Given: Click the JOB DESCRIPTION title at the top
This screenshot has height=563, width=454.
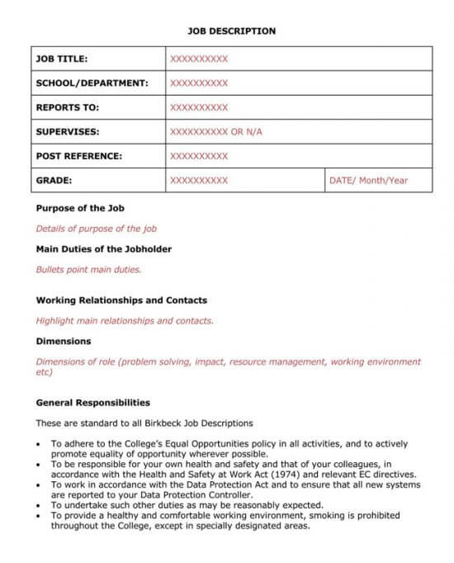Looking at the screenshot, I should click(x=231, y=31).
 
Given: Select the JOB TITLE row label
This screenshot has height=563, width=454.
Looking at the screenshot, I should click(x=62, y=59).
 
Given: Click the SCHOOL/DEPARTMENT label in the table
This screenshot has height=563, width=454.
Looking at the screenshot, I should click(x=92, y=83).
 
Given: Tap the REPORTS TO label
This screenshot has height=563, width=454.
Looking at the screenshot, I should click(x=67, y=107).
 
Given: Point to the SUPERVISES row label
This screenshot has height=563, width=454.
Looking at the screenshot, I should click(x=67, y=132).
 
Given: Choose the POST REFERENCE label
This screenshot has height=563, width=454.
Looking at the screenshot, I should click(x=78, y=156).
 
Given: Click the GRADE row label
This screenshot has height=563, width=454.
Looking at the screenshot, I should click(x=54, y=180).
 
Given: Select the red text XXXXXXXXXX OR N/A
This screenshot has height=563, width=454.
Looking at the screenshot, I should click(x=215, y=132).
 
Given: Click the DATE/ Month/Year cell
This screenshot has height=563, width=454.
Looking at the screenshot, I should click(x=368, y=180).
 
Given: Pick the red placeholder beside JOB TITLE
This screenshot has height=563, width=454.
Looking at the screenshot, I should click(x=198, y=59).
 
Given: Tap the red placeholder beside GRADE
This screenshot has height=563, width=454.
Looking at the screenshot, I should click(x=198, y=180).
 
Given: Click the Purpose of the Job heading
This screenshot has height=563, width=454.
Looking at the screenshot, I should click(x=80, y=208).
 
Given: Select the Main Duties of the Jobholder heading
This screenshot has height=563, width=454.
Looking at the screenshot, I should click(x=104, y=248).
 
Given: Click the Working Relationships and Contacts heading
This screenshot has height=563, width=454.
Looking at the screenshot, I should click(x=121, y=300).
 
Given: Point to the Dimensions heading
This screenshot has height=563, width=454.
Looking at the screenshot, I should click(x=64, y=341).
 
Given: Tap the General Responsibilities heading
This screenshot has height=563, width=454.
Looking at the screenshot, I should click(x=93, y=403).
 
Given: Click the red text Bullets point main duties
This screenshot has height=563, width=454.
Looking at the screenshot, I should click(x=88, y=269).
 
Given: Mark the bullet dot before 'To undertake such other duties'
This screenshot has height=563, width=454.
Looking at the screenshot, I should click(x=40, y=505).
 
